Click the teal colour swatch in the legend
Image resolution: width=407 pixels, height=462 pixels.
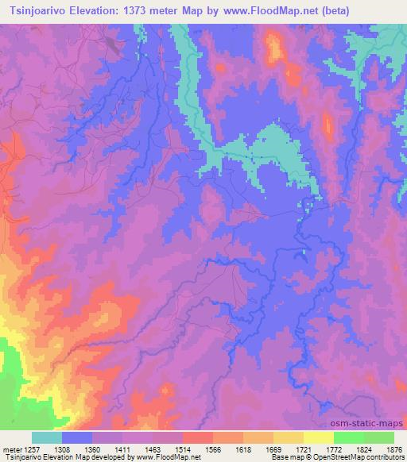[x=47, y=437]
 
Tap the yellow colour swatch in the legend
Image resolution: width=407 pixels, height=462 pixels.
[x=318, y=437]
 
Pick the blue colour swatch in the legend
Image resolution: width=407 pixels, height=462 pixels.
[x=77, y=437]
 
